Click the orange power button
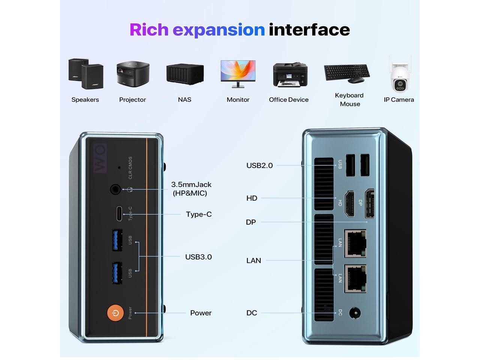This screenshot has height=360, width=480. pos(115,313)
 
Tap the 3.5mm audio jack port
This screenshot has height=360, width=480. pos(115,189)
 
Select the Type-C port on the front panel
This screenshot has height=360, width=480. pos(119,213)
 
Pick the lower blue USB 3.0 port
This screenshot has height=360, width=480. pos(117,273)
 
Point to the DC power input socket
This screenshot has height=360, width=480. pos(355,313)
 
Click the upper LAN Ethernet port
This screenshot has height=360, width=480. pos(355,244)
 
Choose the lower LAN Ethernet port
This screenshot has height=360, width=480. pos(355,279)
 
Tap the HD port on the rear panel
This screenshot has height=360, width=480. pos(349,204)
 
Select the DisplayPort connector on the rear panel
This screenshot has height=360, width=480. pos(369,204)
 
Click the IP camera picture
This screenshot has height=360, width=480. pos(400,75)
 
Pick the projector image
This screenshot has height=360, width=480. pos(133,74)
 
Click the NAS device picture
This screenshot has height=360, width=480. pos(185,74)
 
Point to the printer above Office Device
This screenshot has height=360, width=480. pos(290,75)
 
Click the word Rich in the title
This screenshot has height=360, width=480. pos(149,30)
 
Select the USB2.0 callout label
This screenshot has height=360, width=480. pos(259,165)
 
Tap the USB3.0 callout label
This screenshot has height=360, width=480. pos(198,257)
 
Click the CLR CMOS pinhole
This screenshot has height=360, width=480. pos(119,168)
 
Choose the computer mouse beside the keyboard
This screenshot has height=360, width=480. pos(355,80)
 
